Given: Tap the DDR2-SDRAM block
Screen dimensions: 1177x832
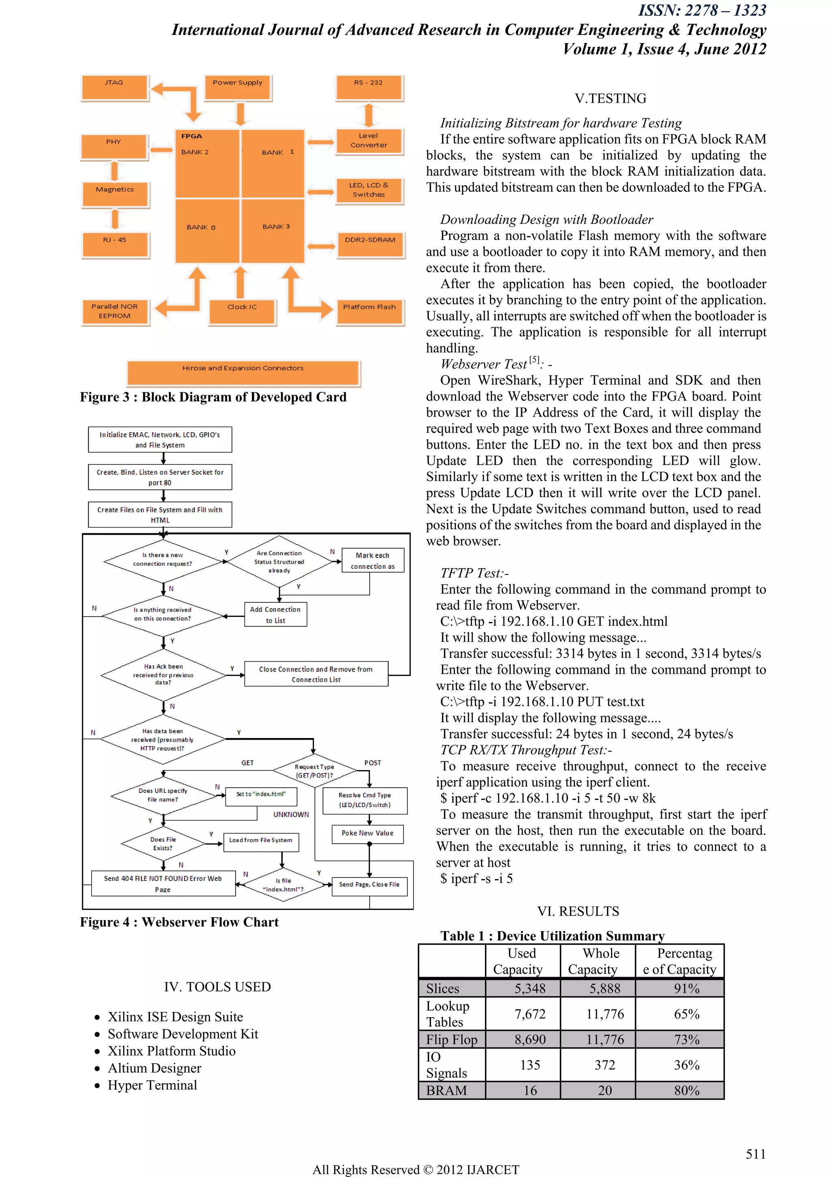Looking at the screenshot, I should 370,245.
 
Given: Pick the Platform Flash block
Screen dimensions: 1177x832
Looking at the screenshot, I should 369,311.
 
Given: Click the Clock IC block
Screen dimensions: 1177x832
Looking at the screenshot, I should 242,311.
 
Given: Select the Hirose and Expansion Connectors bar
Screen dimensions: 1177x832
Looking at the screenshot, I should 243,373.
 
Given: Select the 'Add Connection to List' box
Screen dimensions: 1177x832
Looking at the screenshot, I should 275,615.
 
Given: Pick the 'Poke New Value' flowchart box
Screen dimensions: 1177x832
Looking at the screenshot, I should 367,834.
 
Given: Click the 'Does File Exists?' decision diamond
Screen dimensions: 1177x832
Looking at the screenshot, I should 163,844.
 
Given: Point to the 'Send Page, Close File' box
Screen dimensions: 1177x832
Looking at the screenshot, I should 369,885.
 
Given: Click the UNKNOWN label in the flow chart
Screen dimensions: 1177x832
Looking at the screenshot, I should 291,814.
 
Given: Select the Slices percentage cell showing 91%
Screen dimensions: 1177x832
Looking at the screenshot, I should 687,988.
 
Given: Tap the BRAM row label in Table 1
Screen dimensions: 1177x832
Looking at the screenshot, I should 447,1090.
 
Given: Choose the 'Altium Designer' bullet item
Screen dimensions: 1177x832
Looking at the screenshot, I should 154,1068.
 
